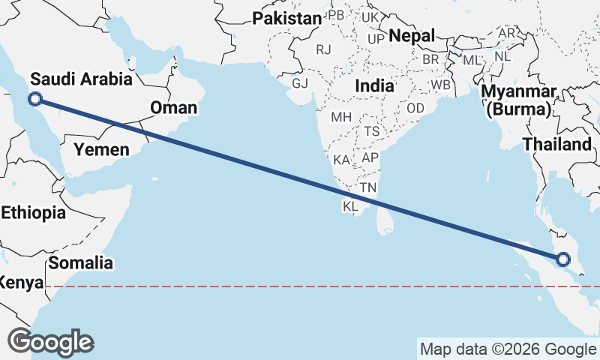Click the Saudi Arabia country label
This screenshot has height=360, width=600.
[x=81, y=79]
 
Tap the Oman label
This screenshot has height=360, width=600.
[x=173, y=108]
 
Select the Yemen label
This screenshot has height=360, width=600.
[x=101, y=149]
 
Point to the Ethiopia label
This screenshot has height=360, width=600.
[x=33, y=213]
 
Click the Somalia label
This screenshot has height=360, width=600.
[x=81, y=262]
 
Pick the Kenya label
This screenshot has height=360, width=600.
[x=18, y=283]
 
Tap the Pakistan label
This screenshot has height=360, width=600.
[x=286, y=19]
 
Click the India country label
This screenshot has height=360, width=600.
[x=374, y=85]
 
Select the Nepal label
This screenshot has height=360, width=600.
[x=412, y=36]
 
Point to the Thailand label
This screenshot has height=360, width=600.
[x=557, y=144]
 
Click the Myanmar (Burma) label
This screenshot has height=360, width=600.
[x=520, y=101]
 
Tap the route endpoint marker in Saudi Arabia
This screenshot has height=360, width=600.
[x=34, y=99]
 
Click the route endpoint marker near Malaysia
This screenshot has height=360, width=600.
[x=562, y=260]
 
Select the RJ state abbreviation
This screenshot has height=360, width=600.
[x=323, y=49]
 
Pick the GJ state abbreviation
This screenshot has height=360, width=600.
[x=300, y=82]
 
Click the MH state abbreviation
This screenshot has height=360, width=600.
[x=341, y=117]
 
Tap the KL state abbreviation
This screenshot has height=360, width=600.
[x=350, y=205]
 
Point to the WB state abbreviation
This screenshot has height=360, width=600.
[x=440, y=85]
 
